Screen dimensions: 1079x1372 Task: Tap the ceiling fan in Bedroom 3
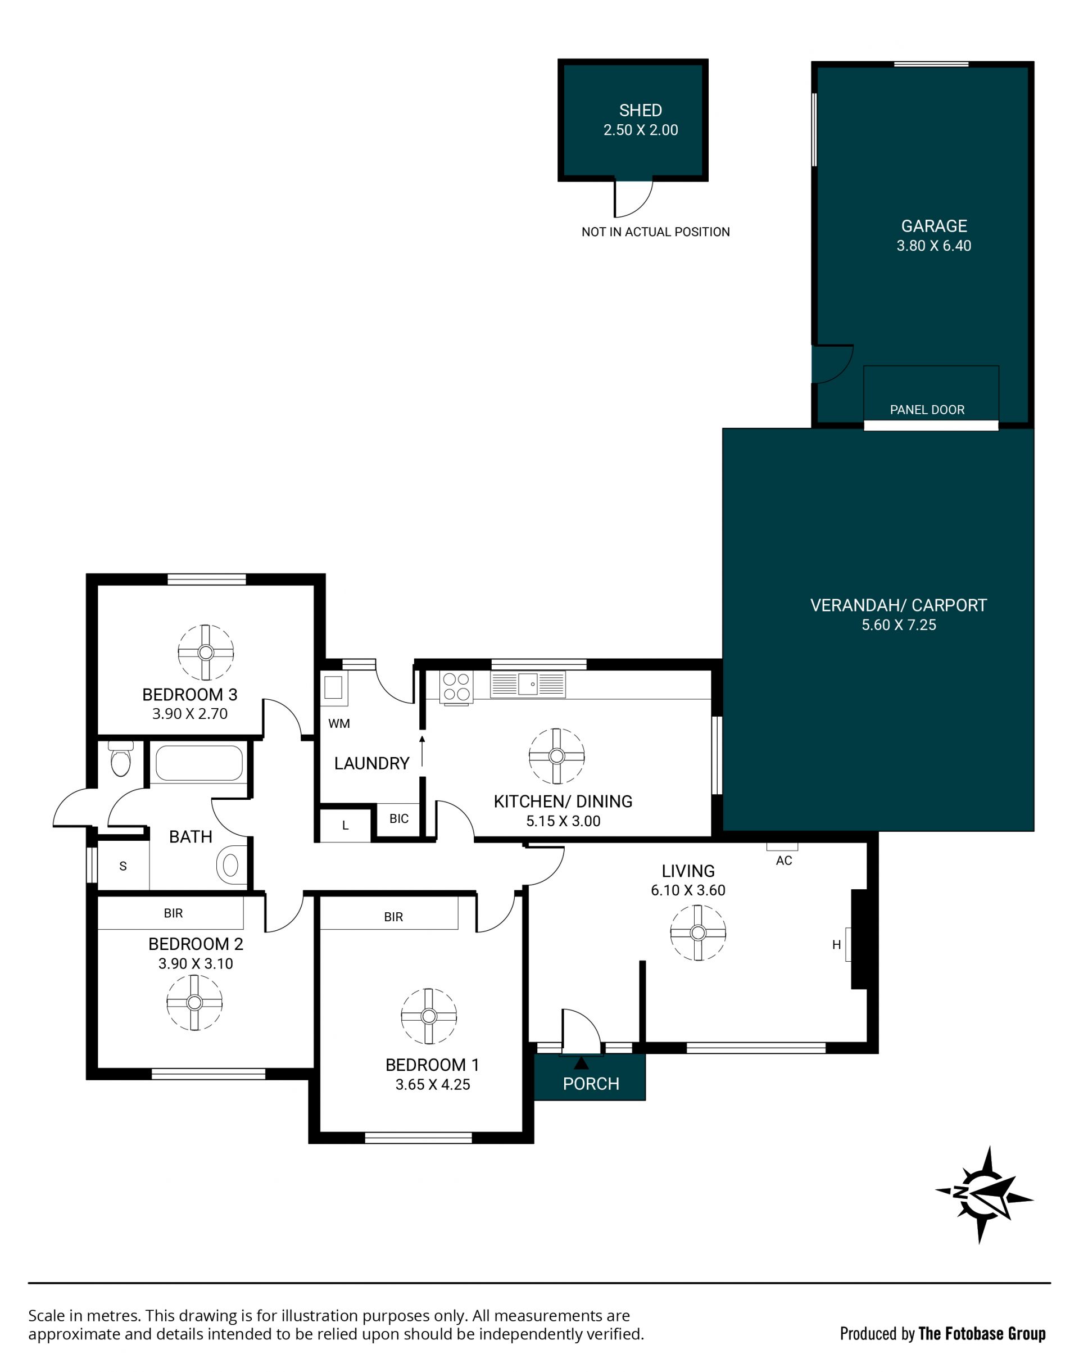coord(206,653)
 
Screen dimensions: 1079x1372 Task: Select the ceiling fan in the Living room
coord(697,932)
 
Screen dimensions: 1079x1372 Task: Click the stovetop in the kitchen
coord(457,687)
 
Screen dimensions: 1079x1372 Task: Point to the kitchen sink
coord(528,685)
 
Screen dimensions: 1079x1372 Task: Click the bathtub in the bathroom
coord(198,764)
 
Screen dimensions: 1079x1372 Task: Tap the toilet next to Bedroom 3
coord(121,759)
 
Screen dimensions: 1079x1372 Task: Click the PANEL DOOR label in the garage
coord(927,410)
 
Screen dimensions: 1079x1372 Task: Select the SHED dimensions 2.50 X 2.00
coord(641,130)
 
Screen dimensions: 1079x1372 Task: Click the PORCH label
coord(591,1084)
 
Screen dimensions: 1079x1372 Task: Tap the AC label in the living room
coord(783,861)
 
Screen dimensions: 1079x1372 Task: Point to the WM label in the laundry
coord(339,724)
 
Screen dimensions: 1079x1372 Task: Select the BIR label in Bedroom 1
coord(393,917)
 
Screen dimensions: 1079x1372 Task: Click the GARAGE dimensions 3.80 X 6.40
coord(933,246)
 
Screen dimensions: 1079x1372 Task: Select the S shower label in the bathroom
coord(123,866)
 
